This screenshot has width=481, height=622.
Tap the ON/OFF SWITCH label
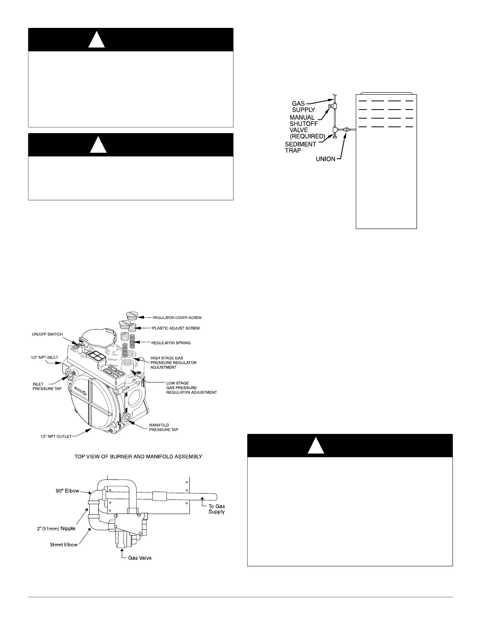[x=47, y=334]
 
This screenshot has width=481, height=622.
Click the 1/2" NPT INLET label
[x=45, y=357]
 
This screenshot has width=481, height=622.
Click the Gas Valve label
[x=140, y=558]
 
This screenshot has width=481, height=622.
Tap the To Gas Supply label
[x=217, y=509]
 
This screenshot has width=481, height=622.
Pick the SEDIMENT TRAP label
[x=300, y=147]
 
